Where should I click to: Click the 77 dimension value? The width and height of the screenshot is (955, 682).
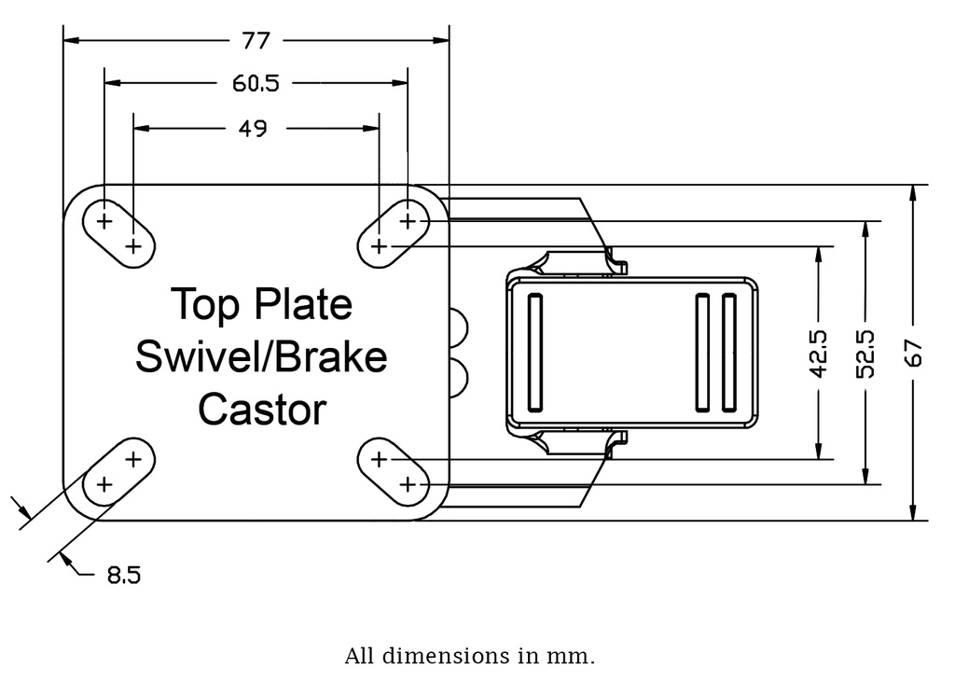coord(256,41)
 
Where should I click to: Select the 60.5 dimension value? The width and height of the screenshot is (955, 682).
coord(256,84)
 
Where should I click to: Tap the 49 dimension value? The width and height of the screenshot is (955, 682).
coord(253,128)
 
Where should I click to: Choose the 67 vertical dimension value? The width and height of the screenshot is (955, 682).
coord(913,353)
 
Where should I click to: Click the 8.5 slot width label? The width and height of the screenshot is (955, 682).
coord(123,576)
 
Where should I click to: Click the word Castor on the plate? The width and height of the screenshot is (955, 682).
coord(262,410)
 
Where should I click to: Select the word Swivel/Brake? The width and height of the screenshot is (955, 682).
coord(261,356)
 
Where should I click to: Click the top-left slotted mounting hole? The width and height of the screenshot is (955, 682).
coord(118,233)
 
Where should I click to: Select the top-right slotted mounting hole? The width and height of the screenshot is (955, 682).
coord(393,233)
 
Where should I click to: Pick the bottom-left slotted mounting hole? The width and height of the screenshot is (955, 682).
coord(118,471)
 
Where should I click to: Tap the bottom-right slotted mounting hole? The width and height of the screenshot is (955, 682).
coord(393,471)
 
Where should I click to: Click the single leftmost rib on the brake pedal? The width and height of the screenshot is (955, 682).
coord(534,352)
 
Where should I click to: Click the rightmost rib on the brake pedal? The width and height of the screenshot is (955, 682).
coord(729,352)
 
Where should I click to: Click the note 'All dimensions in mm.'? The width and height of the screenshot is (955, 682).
coord(469,656)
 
